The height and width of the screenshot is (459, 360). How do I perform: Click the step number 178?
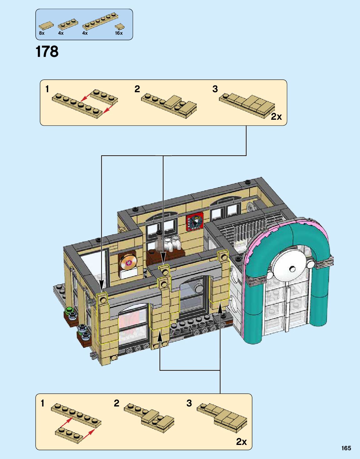point(47,52)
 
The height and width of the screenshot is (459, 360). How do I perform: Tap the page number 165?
point(346,448)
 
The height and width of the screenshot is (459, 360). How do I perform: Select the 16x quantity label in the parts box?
point(119,33)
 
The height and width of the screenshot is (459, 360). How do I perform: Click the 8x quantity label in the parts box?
point(42,33)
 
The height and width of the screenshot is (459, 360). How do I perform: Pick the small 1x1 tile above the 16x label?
point(119,27)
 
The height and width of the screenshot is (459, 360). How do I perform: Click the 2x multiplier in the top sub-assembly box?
point(276,117)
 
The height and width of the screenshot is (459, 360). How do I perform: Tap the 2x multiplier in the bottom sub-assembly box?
point(241,441)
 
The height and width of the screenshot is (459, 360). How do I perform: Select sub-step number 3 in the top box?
point(215,89)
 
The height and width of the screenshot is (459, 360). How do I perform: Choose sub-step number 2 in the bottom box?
point(116,403)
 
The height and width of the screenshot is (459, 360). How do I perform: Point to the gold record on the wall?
point(129,262)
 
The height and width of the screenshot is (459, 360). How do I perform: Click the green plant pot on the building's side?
point(70,312)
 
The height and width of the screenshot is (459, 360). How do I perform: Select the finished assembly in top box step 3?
point(247,105)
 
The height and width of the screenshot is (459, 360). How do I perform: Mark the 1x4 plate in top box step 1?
point(104,97)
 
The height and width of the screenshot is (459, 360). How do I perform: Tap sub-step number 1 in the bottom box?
point(43,403)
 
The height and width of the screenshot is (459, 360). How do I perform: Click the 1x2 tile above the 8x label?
point(46,26)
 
